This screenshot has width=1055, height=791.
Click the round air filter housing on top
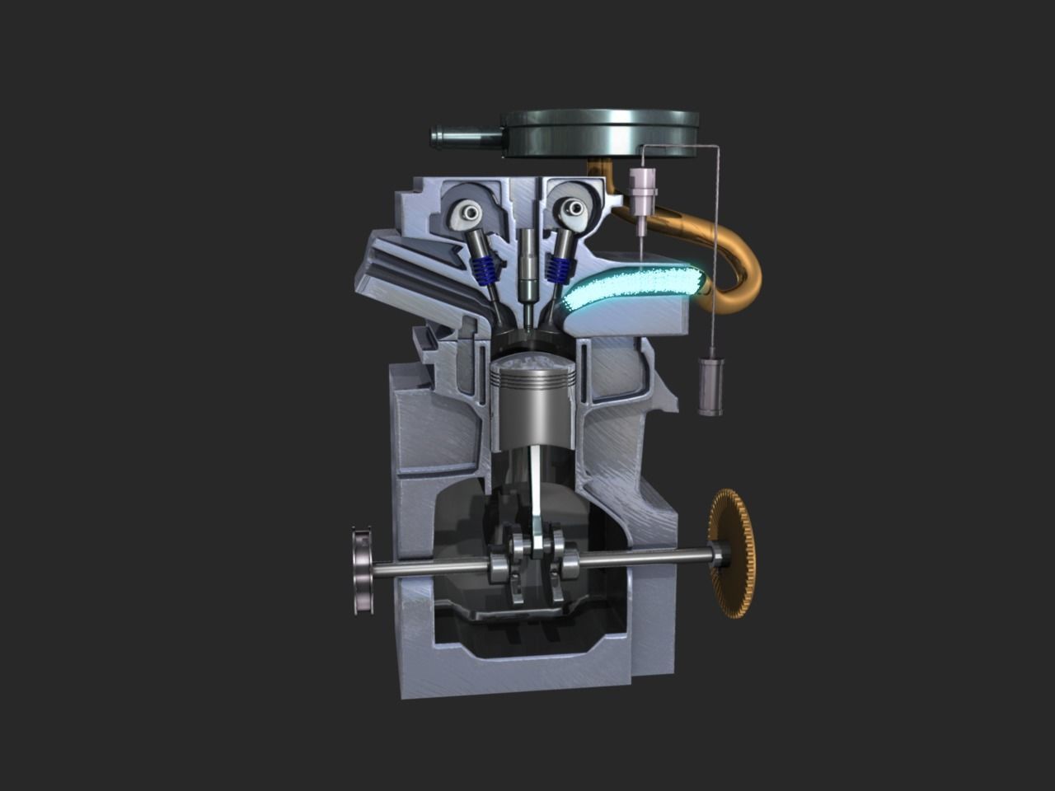pos(602,132)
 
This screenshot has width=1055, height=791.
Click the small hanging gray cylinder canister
pos(709,386)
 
